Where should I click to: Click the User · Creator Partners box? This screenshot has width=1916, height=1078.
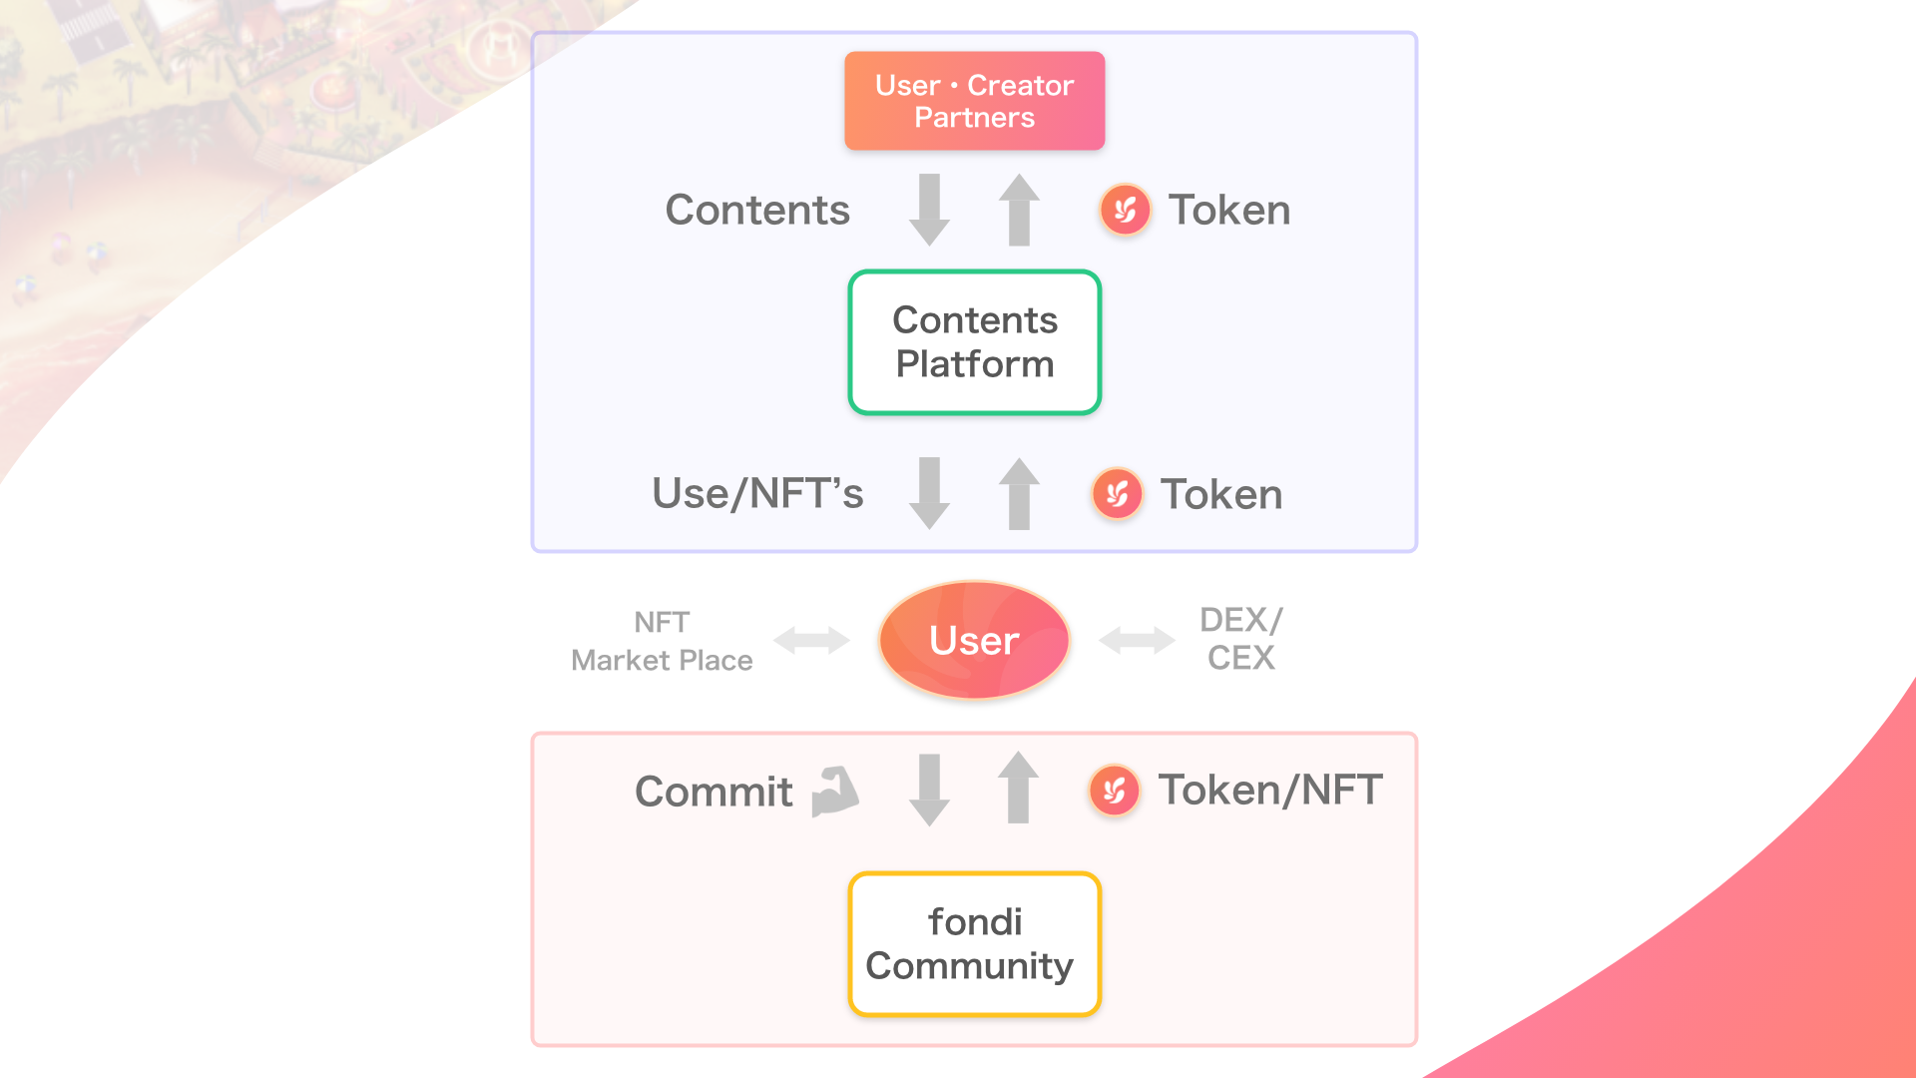coord(974,101)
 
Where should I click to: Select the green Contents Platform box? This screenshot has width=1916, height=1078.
coord(974,342)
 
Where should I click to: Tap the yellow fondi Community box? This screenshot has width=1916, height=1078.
coord(974,944)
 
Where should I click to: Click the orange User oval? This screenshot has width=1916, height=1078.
coord(974,640)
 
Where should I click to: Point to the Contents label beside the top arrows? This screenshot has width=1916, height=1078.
coord(757,211)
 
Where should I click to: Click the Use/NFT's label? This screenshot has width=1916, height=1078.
coord(757,494)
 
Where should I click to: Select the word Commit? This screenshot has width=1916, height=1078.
coord(714,793)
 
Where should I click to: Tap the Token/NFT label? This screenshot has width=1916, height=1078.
coord(1269,791)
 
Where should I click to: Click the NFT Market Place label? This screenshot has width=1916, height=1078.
coord(662,641)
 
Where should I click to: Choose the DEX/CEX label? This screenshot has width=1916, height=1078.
coord(1240,639)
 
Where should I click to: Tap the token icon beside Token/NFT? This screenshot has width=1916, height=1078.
coord(1115,792)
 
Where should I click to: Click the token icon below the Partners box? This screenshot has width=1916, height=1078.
coord(1125,210)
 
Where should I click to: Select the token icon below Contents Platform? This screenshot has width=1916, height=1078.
coord(1117,494)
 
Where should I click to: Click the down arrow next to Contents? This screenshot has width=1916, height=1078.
coord(929,210)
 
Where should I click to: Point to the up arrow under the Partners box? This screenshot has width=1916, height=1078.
coord(1019,210)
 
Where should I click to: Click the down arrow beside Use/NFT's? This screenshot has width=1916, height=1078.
coord(929,493)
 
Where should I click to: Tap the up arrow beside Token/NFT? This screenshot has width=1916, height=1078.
coord(1018,788)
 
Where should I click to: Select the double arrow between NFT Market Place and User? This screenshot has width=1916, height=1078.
coord(811,640)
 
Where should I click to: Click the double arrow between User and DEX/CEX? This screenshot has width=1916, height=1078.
coord(1137,640)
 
